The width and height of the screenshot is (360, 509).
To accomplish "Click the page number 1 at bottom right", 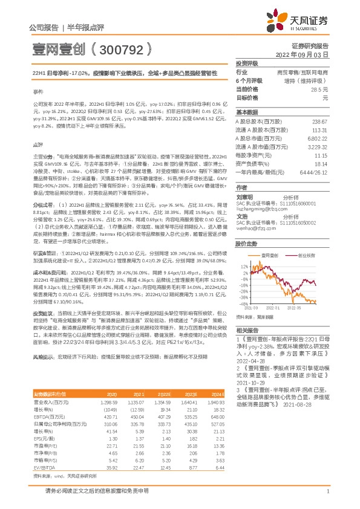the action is pos(327,491).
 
